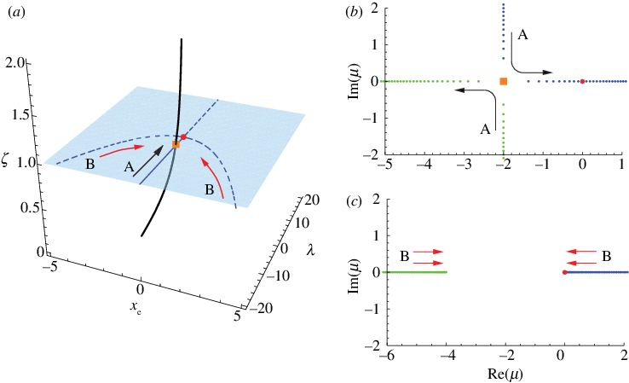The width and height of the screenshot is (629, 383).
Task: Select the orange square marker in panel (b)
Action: pos(503,81)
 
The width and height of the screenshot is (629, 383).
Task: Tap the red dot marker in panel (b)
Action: pos(582,81)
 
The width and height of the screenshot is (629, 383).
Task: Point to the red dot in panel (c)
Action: pos(564,272)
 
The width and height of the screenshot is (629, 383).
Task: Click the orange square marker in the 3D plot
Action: pos(176,145)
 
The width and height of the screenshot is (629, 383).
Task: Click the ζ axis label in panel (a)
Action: pos(8,157)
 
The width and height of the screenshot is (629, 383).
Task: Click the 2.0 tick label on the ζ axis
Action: pos(14,62)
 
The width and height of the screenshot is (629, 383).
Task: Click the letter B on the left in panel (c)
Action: pos(404,256)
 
